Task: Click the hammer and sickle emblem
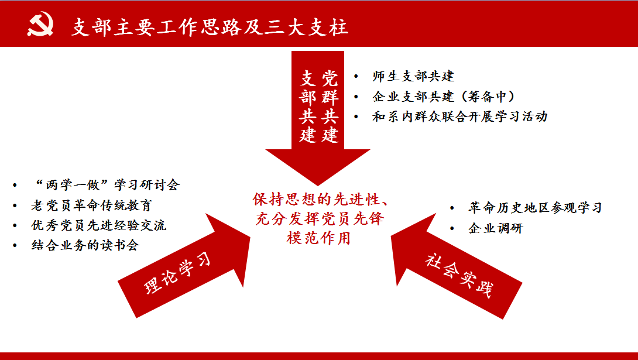pyautogui.click(x=40, y=23)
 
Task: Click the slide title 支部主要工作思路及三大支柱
pyautogui.click(x=210, y=27)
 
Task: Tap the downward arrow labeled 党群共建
pyautogui.click(x=318, y=118)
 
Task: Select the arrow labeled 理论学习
pyautogui.click(x=184, y=265)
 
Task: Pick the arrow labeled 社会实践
pyautogui.click(x=456, y=266)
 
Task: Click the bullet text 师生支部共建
pyautogui.click(x=413, y=76)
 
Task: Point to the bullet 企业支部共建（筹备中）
pyautogui.click(x=444, y=97)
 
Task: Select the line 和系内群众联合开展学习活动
pyautogui.click(x=460, y=116)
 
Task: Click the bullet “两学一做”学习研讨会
pyautogui.click(x=106, y=185)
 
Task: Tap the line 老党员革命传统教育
pyautogui.click(x=91, y=205)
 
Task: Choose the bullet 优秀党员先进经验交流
pyautogui.click(x=98, y=225)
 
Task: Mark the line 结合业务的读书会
pyautogui.click(x=85, y=245)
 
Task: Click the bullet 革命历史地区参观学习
pyautogui.click(x=535, y=208)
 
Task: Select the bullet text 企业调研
pyautogui.click(x=496, y=228)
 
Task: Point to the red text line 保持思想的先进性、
pyautogui.click(x=321, y=200)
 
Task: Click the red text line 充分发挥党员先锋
pyautogui.click(x=320, y=219)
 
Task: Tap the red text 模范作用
pyautogui.click(x=318, y=238)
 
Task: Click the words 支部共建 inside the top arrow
pyautogui.click(x=308, y=107)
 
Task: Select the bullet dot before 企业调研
pyautogui.click(x=452, y=229)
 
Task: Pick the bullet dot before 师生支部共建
pyautogui.click(x=356, y=77)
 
